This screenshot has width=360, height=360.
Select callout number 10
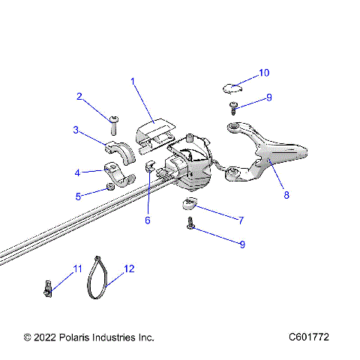[264, 73]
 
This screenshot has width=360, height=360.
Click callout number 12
[129, 268]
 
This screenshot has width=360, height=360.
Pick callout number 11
[77, 268]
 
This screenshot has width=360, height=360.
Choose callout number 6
[148, 220]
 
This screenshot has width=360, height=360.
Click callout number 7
[241, 220]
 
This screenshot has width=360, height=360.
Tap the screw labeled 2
[114, 120]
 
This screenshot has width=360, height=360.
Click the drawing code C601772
[309, 337]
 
